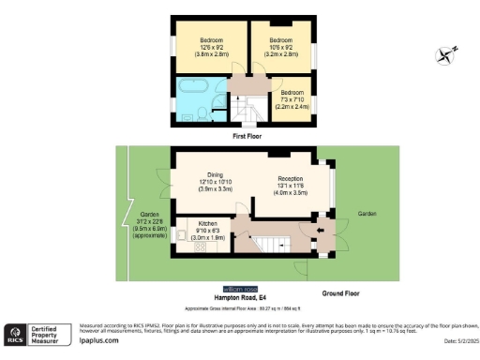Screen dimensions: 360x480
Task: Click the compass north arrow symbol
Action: (x=446, y=54)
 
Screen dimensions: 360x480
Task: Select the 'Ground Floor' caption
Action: (x=340, y=293)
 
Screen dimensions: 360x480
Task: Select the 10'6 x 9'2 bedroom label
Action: (x=281, y=46)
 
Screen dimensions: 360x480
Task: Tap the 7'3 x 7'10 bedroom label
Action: (x=291, y=100)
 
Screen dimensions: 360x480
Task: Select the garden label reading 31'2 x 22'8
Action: (x=138, y=226)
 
